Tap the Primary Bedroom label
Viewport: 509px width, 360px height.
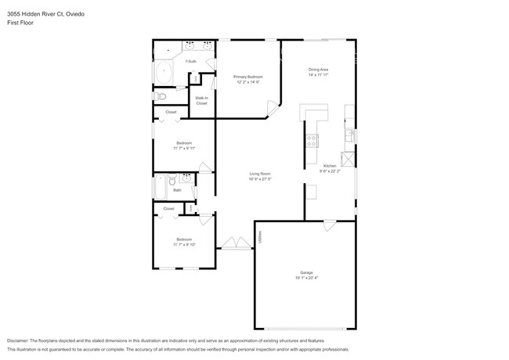pos(247,77)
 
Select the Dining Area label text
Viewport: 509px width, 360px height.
pos(318,70)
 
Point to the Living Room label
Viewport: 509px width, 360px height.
pos(260,173)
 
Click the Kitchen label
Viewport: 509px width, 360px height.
pos(330,165)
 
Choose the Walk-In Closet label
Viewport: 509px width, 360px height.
pos(201,100)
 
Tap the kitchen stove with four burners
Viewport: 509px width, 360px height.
pos(312,141)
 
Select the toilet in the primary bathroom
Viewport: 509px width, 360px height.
pos(161,96)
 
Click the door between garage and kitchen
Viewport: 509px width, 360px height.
pos(329,225)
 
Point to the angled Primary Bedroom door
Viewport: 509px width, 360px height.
pos(271,107)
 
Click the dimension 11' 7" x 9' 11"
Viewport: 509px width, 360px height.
pos(184,148)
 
